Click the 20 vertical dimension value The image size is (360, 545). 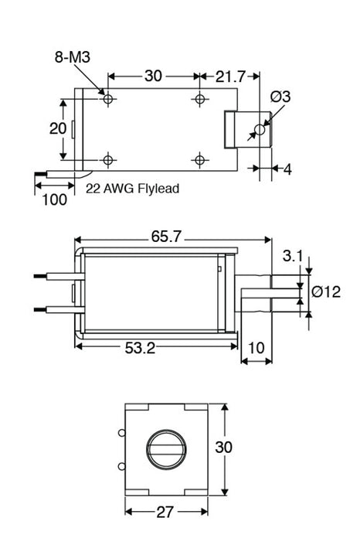58,128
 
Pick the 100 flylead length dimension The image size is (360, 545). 53,199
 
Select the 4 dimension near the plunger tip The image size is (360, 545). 287,169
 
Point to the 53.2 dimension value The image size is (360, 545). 139,349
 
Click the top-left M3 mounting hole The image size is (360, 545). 107,99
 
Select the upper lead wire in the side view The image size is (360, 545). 54,274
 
